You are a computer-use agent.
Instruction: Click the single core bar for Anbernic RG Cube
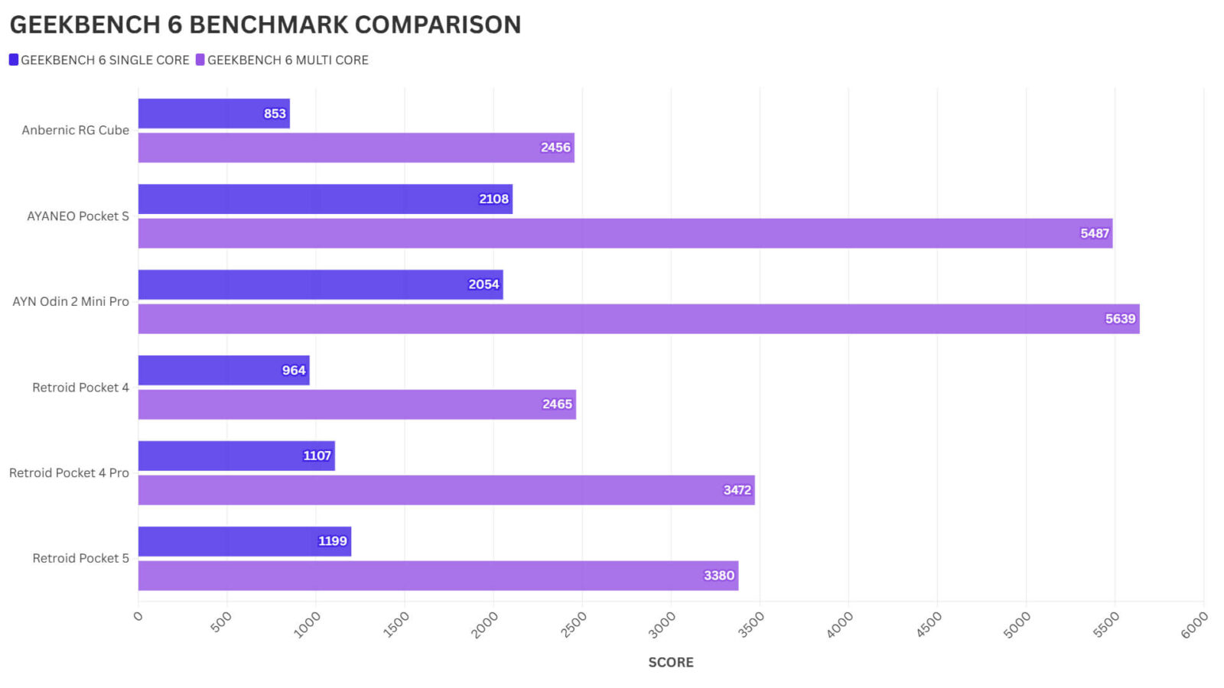tap(213, 113)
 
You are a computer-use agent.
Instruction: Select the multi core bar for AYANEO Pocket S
tap(625, 233)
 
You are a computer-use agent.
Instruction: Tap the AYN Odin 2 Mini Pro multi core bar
tap(638, 319)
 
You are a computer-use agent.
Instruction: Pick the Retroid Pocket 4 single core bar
tap(223, 370)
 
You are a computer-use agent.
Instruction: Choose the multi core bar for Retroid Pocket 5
tap(438, 576)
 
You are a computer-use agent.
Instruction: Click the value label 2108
tap(493, 199)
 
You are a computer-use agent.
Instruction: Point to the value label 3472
tap(737, 490)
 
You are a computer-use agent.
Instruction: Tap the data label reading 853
tap(275, 114)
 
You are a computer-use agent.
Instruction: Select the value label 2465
tap(557, 404)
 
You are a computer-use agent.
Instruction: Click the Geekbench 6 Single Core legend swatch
tap(14, 60)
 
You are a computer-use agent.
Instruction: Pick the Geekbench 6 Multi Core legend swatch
tap(200, 60)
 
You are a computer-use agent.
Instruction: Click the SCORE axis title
tap(671, 662)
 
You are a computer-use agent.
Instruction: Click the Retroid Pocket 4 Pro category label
tap(69, 473)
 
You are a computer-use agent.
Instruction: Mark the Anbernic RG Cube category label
tap(75, 130)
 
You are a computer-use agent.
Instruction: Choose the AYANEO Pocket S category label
tap(77, 216)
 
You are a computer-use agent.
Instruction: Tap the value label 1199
tap(332, 541)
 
